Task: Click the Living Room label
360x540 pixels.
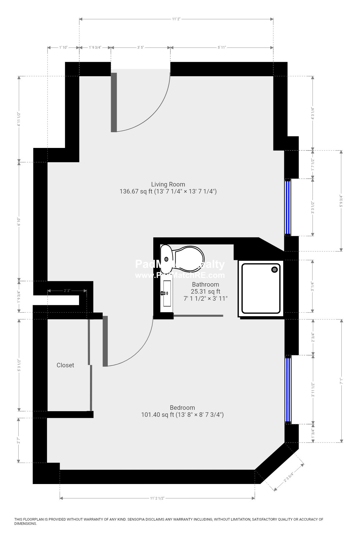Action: [168, 184]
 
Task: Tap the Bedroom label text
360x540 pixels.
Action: [182, 408]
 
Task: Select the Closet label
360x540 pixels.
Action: [65, 365]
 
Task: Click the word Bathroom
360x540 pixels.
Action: [205, 284]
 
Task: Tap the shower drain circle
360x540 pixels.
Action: [274, 269]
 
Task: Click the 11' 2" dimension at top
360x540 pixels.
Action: [176, 19]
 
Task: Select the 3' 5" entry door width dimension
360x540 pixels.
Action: [140, 48]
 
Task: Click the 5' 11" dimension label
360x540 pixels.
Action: [222, 48]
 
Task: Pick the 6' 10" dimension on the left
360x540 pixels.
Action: [19, 222]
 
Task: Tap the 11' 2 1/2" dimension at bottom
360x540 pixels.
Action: [157, 498]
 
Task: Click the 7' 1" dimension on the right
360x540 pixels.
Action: [341, 382]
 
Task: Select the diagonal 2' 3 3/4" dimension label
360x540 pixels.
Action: [289, 477]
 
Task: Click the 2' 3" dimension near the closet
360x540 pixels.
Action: [67, 291]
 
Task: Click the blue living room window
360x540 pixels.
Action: [288, 208]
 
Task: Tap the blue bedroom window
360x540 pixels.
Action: [288, 390]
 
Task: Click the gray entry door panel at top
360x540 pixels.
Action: [114, 102]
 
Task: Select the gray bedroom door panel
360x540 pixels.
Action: [105, 341]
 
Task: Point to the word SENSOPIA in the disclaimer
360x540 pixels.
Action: [138, 519]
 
